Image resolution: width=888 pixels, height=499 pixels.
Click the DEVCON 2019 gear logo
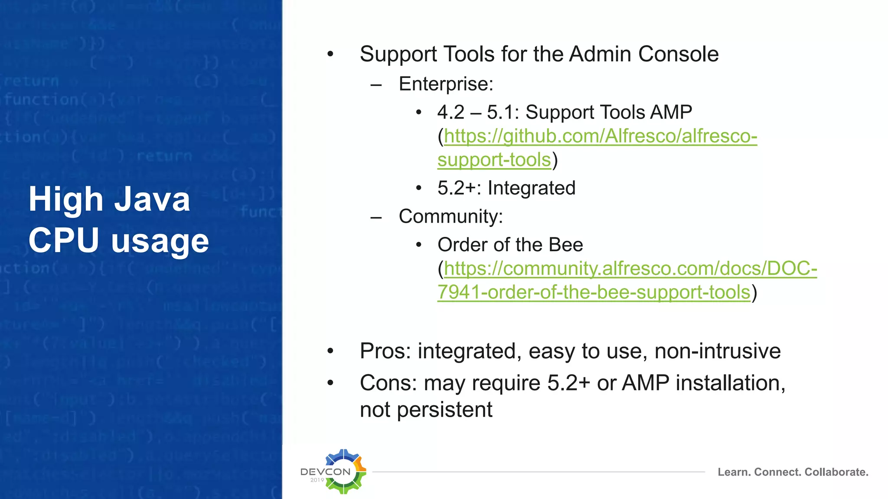[x=343, y=471]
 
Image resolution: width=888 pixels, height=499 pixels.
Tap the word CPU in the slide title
[x=64, y=240]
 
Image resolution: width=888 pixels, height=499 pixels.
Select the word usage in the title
[x=160, y=241]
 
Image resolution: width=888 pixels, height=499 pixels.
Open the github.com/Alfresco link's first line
[x=601, y=136]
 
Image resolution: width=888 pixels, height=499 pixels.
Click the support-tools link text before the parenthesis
[x=494, y=160]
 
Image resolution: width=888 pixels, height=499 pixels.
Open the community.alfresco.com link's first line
[x=630, y=269]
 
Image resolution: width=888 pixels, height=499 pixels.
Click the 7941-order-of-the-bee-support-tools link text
[x=594, y=292]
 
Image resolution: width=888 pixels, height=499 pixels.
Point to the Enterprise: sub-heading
[x=446, y=84]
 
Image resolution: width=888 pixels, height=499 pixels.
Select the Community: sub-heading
[x=451, y=216]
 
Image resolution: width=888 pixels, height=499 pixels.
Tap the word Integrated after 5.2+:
[x=531, y=188]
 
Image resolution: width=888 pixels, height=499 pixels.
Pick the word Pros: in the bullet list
[x=385, y=351]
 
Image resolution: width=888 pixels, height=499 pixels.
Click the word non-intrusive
[x=717, y=351]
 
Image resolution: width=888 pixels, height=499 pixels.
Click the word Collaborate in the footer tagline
[x=836, y=472]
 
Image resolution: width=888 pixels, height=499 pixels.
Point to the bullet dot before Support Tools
[x=330, y=54]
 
